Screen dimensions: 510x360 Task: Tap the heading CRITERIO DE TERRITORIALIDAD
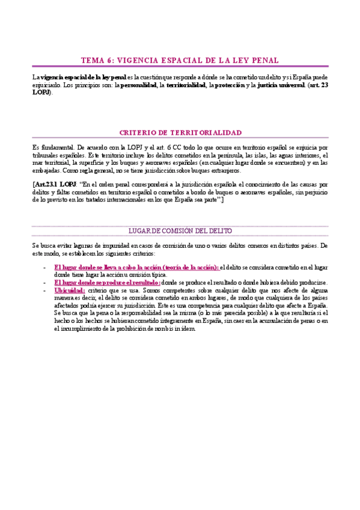[x=180, y=132]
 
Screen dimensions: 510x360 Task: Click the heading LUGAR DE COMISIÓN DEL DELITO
[x=180, y=231]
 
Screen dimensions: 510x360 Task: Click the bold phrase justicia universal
[x=281, y=86]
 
